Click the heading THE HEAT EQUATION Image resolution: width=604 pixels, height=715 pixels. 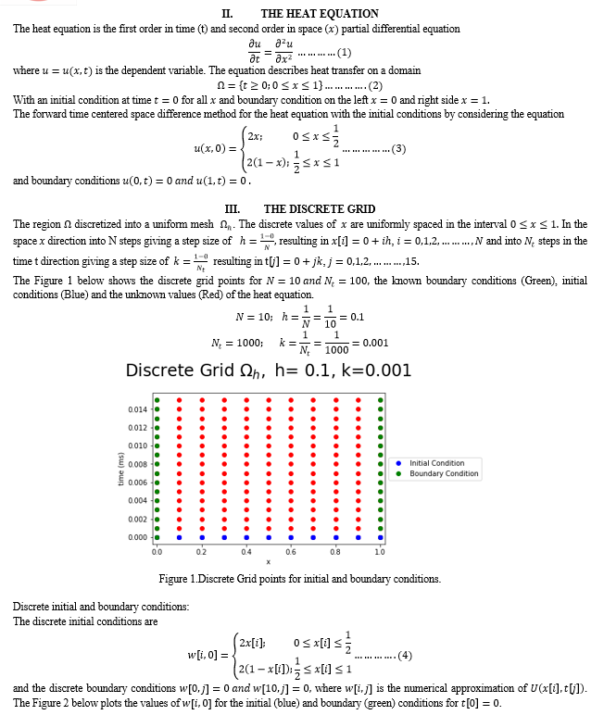(x=319, y=14)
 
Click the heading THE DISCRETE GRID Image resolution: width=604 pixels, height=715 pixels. (x=319, y=209)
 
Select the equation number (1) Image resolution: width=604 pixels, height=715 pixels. (x=341, y=51)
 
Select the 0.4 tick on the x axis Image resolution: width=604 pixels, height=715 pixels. (x=245, y=552)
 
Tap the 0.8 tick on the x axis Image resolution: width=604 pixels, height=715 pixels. (x=334, y=552)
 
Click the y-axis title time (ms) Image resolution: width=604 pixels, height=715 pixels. (x=120, y=473)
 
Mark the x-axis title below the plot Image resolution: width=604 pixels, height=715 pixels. (x=269, y=562)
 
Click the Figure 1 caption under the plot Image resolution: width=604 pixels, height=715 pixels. (x=300, y=579)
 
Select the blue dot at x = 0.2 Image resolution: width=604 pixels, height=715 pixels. (x=201, y=537)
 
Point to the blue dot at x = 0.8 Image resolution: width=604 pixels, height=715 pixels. (x=334, y=537)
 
